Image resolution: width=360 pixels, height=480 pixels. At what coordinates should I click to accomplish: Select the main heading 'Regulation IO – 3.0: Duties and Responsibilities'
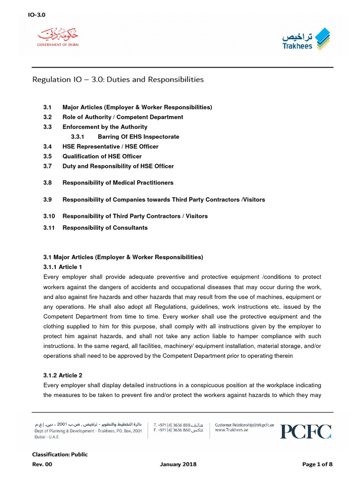click(x=118, y=79)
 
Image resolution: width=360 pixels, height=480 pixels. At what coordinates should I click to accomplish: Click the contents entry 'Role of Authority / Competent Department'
click(x=123, y=117)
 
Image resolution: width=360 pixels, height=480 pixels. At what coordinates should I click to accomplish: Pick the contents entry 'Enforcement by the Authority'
click(x=105, y=127)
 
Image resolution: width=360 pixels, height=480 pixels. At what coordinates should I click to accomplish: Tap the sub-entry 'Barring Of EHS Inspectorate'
click(x=138, y=137)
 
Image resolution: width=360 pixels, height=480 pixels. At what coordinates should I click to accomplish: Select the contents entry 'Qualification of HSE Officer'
click(x=102, y=157)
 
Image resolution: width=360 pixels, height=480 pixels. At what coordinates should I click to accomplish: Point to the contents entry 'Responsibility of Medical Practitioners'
click(x=118, y=182)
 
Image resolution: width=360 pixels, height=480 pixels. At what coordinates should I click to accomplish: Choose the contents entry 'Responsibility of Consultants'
click(x=105, y=228)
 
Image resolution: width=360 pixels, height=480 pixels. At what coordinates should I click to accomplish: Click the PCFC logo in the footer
click(x=306, y=431)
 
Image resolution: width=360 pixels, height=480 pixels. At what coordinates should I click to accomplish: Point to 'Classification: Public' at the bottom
click(x=60, y=454)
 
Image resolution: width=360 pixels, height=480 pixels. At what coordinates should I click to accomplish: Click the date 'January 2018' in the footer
click(x=178, y=465)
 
